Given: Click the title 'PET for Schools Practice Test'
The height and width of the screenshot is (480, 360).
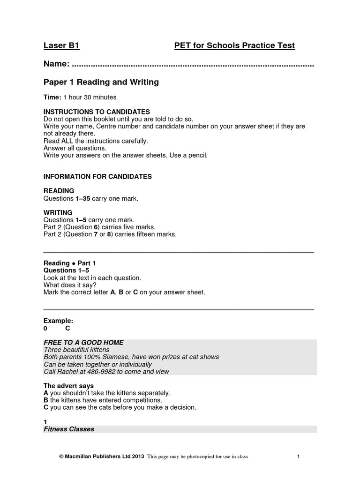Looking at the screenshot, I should (234, 45).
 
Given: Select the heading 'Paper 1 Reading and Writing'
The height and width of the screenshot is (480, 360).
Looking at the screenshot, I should (101, 82).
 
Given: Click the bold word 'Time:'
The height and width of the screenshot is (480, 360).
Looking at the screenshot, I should (52, 97).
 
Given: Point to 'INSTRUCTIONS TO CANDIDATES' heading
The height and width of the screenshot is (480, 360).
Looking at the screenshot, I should (97, 112).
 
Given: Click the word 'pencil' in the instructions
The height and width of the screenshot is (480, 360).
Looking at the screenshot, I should (195, 155).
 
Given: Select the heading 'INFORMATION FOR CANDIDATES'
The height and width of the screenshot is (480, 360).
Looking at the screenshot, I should (97, 177).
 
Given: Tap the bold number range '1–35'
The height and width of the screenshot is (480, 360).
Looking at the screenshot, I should (82, 198).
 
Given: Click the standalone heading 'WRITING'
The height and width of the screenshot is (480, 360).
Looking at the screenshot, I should (58, 213).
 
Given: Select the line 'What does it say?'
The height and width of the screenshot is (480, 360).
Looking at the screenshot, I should (70, 285).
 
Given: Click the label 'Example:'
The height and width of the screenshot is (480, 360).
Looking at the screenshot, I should (58, 321).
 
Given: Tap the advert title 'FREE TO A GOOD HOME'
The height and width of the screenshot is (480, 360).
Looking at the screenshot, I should (83, 343).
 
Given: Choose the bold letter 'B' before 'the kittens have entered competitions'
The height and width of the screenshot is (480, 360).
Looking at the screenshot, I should (46, 400).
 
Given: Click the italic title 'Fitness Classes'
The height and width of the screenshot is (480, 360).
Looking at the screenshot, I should (69, 429).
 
